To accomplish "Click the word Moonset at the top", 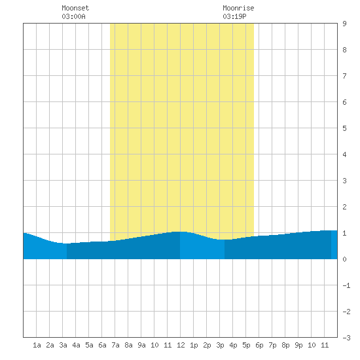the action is (x=75, y=8).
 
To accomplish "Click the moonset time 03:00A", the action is (x=73, y=16).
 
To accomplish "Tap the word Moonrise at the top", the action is (x=238, y=8).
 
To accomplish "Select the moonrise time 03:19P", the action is (x=234, y=16).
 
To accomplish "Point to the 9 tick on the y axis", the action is (x=344, y=24).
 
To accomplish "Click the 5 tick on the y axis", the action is (x=344, y=128).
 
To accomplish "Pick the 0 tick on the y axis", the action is (x=344, y=259).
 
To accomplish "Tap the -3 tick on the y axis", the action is (x=346, y=338).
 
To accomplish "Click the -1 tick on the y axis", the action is (x=346, y=285).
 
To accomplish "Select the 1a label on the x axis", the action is (x=37, y=345).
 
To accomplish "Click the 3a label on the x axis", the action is (x=63, y=345).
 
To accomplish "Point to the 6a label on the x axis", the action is (x=102, y=345).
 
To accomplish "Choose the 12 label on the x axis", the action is (x=181, y=345).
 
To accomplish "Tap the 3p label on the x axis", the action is (x=220, y=345).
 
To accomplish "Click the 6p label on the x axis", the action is (x=259, y=345).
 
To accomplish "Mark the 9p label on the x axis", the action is (x=298, y=345).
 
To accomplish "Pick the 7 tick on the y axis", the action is (x=344, y=76).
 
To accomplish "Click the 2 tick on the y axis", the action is (x=344, y=207).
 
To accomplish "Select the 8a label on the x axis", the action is (x=128, y=345).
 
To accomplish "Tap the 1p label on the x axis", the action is (x=194, y=345).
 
